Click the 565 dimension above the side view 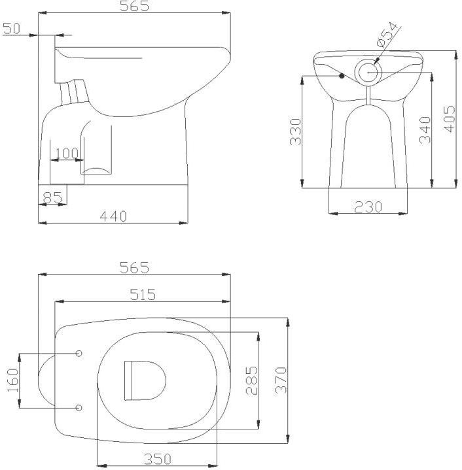pos(135,7)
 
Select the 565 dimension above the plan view pos(134,268)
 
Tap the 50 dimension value pos(12,28)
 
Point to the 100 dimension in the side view pos(66,154)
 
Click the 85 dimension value pos(52,196)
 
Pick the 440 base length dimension pos(113,216)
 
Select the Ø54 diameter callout pos(388,35)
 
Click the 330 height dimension pos(295,131)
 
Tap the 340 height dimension pos(425,130)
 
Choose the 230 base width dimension pos(368,207)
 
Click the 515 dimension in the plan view pos(142,295)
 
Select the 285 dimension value pos(252,380)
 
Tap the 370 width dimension pos(281,380)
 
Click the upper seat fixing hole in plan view pos(79,354)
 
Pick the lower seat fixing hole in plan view pos(79,408)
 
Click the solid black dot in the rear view pos(342,76)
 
